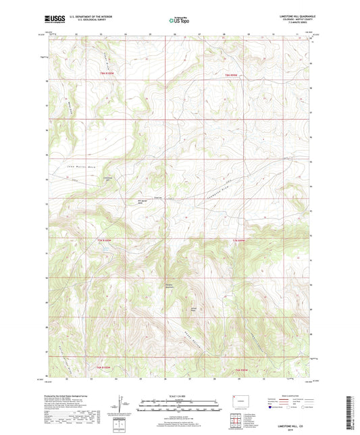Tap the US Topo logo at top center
180,20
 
